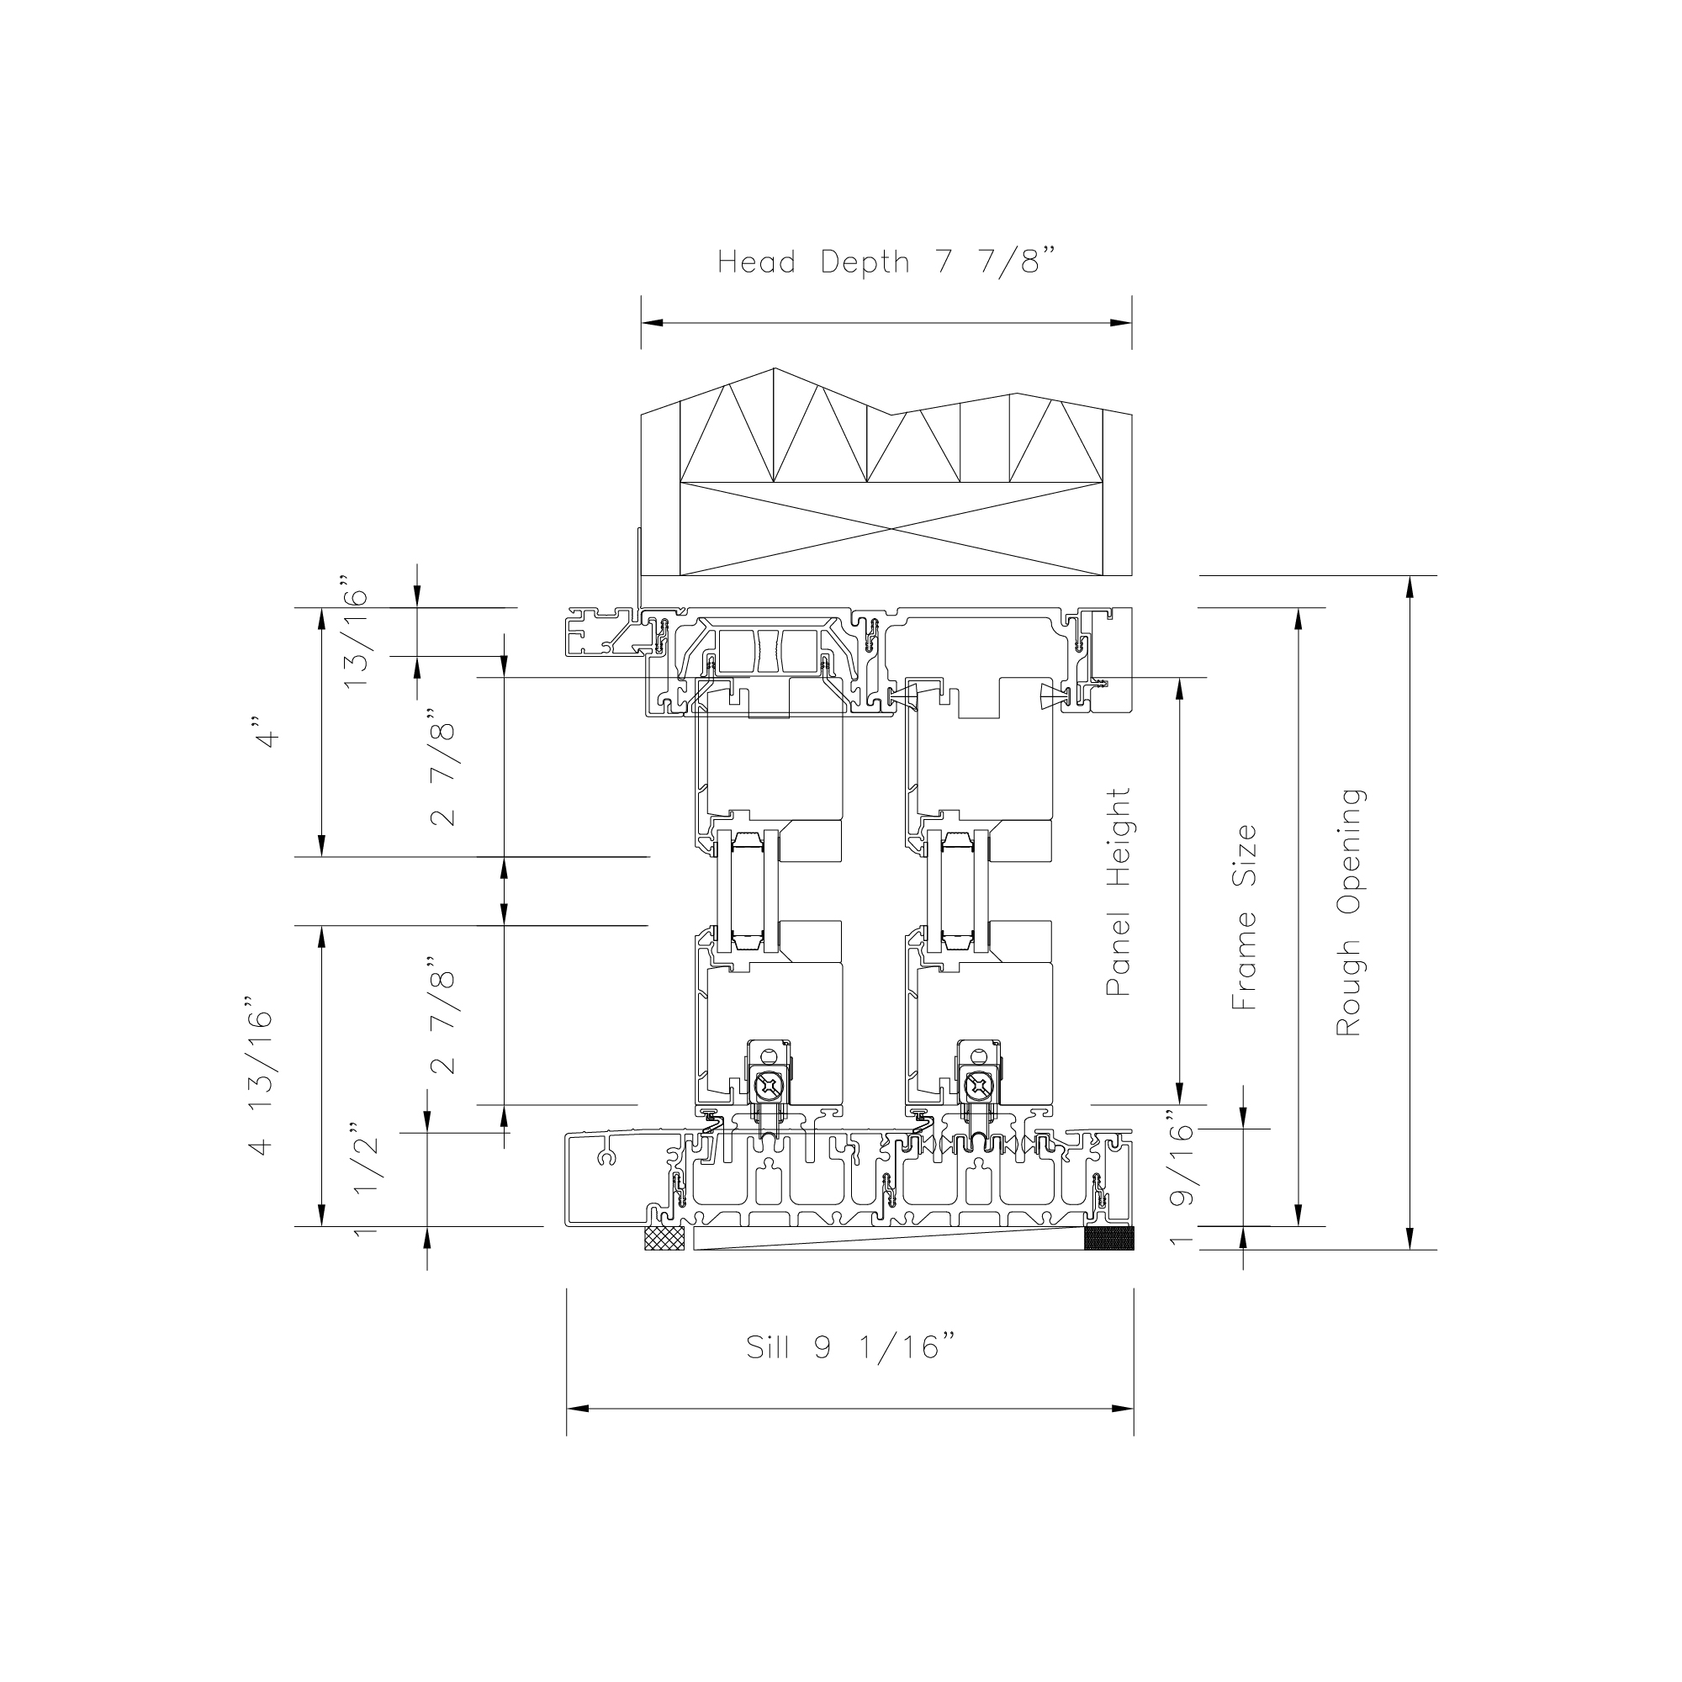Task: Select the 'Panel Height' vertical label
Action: coord(1118,891)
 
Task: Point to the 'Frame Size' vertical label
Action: coord(1244,917)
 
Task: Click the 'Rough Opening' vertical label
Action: coord(1350,912)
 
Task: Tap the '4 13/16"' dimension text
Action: coord(262,1083)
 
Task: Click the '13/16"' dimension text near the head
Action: coord(356,633)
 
